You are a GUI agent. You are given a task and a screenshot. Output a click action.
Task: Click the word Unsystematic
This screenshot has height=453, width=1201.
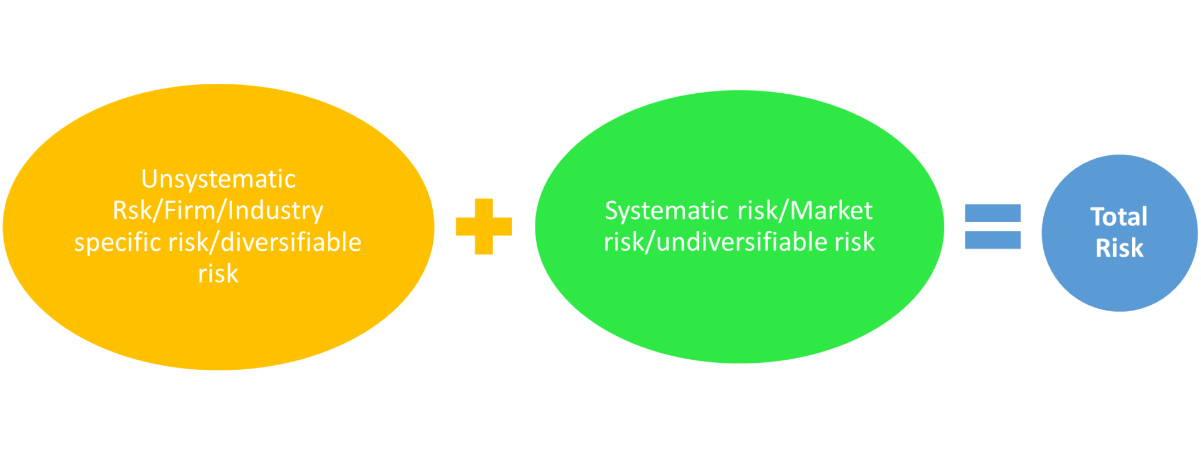[x=218, y=179]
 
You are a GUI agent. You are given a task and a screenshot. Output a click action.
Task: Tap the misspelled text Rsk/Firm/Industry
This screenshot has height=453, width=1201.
[x=218, y=211]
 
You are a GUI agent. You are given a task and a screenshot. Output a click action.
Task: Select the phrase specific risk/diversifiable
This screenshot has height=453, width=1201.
[x=218, y=243]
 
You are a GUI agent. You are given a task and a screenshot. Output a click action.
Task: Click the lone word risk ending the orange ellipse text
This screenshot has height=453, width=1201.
[x=218, y=274]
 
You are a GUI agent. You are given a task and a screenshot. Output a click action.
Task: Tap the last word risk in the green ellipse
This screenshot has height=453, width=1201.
[x=854, y=242]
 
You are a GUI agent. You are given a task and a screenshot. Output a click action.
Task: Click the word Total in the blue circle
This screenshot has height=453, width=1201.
[x=1119, y=217]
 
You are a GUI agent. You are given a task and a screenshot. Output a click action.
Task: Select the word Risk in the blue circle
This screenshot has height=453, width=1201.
[x=1119, y=248]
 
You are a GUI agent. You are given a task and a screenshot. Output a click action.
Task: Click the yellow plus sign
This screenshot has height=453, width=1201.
[x=484, y=226]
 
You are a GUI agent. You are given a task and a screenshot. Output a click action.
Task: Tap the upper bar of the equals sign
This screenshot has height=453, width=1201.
[x=993, y=213]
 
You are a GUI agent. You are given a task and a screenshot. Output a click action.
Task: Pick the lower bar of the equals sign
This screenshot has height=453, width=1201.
[x=993, y=240]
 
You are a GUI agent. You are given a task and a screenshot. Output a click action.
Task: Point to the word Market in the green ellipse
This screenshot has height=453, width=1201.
[x=832, y=211]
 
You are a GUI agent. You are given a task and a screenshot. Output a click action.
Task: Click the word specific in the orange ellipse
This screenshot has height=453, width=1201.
[x=117, y=243]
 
